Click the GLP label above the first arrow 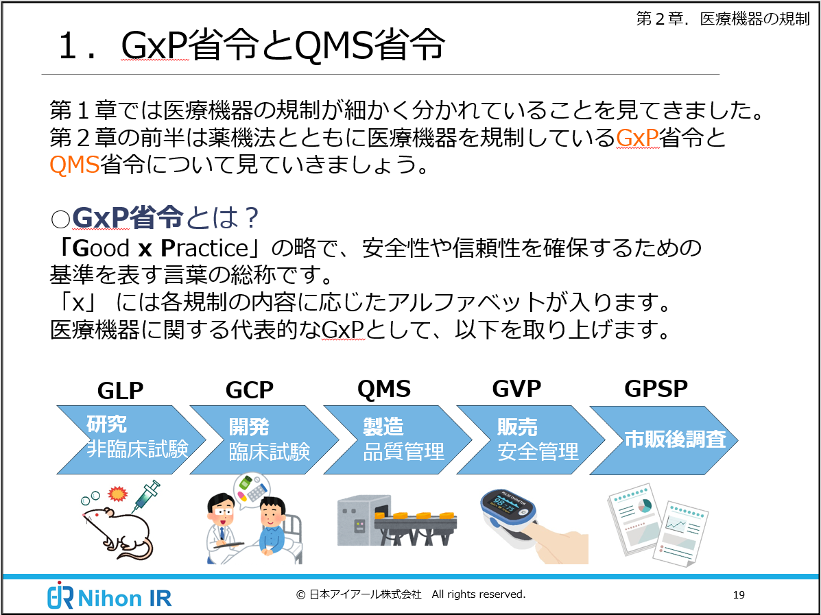[120, 390]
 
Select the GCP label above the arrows [249, 390]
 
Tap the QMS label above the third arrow [383, 389]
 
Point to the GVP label [516, 389]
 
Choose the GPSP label [656, 389]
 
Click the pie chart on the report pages [644, 507]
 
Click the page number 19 [738, 594]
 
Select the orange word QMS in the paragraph [74, 165]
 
